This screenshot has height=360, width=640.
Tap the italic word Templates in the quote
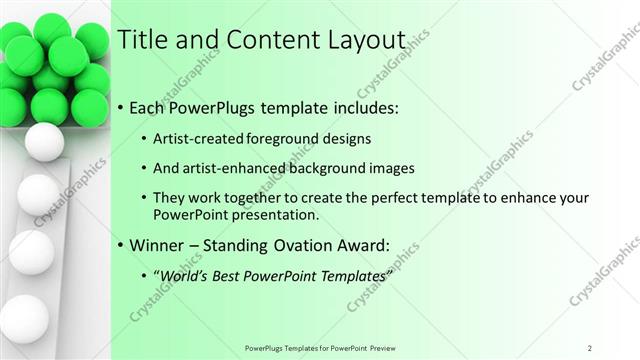351,277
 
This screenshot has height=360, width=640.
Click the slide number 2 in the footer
590,347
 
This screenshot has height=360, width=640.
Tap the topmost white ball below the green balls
43,141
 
